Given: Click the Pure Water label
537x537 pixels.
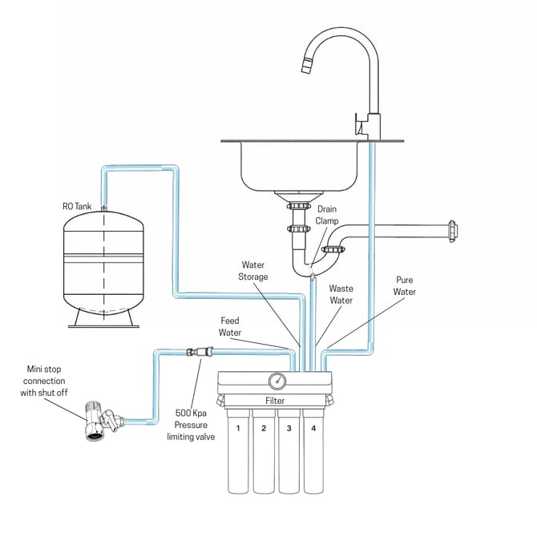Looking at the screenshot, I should (x=405, y=287).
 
